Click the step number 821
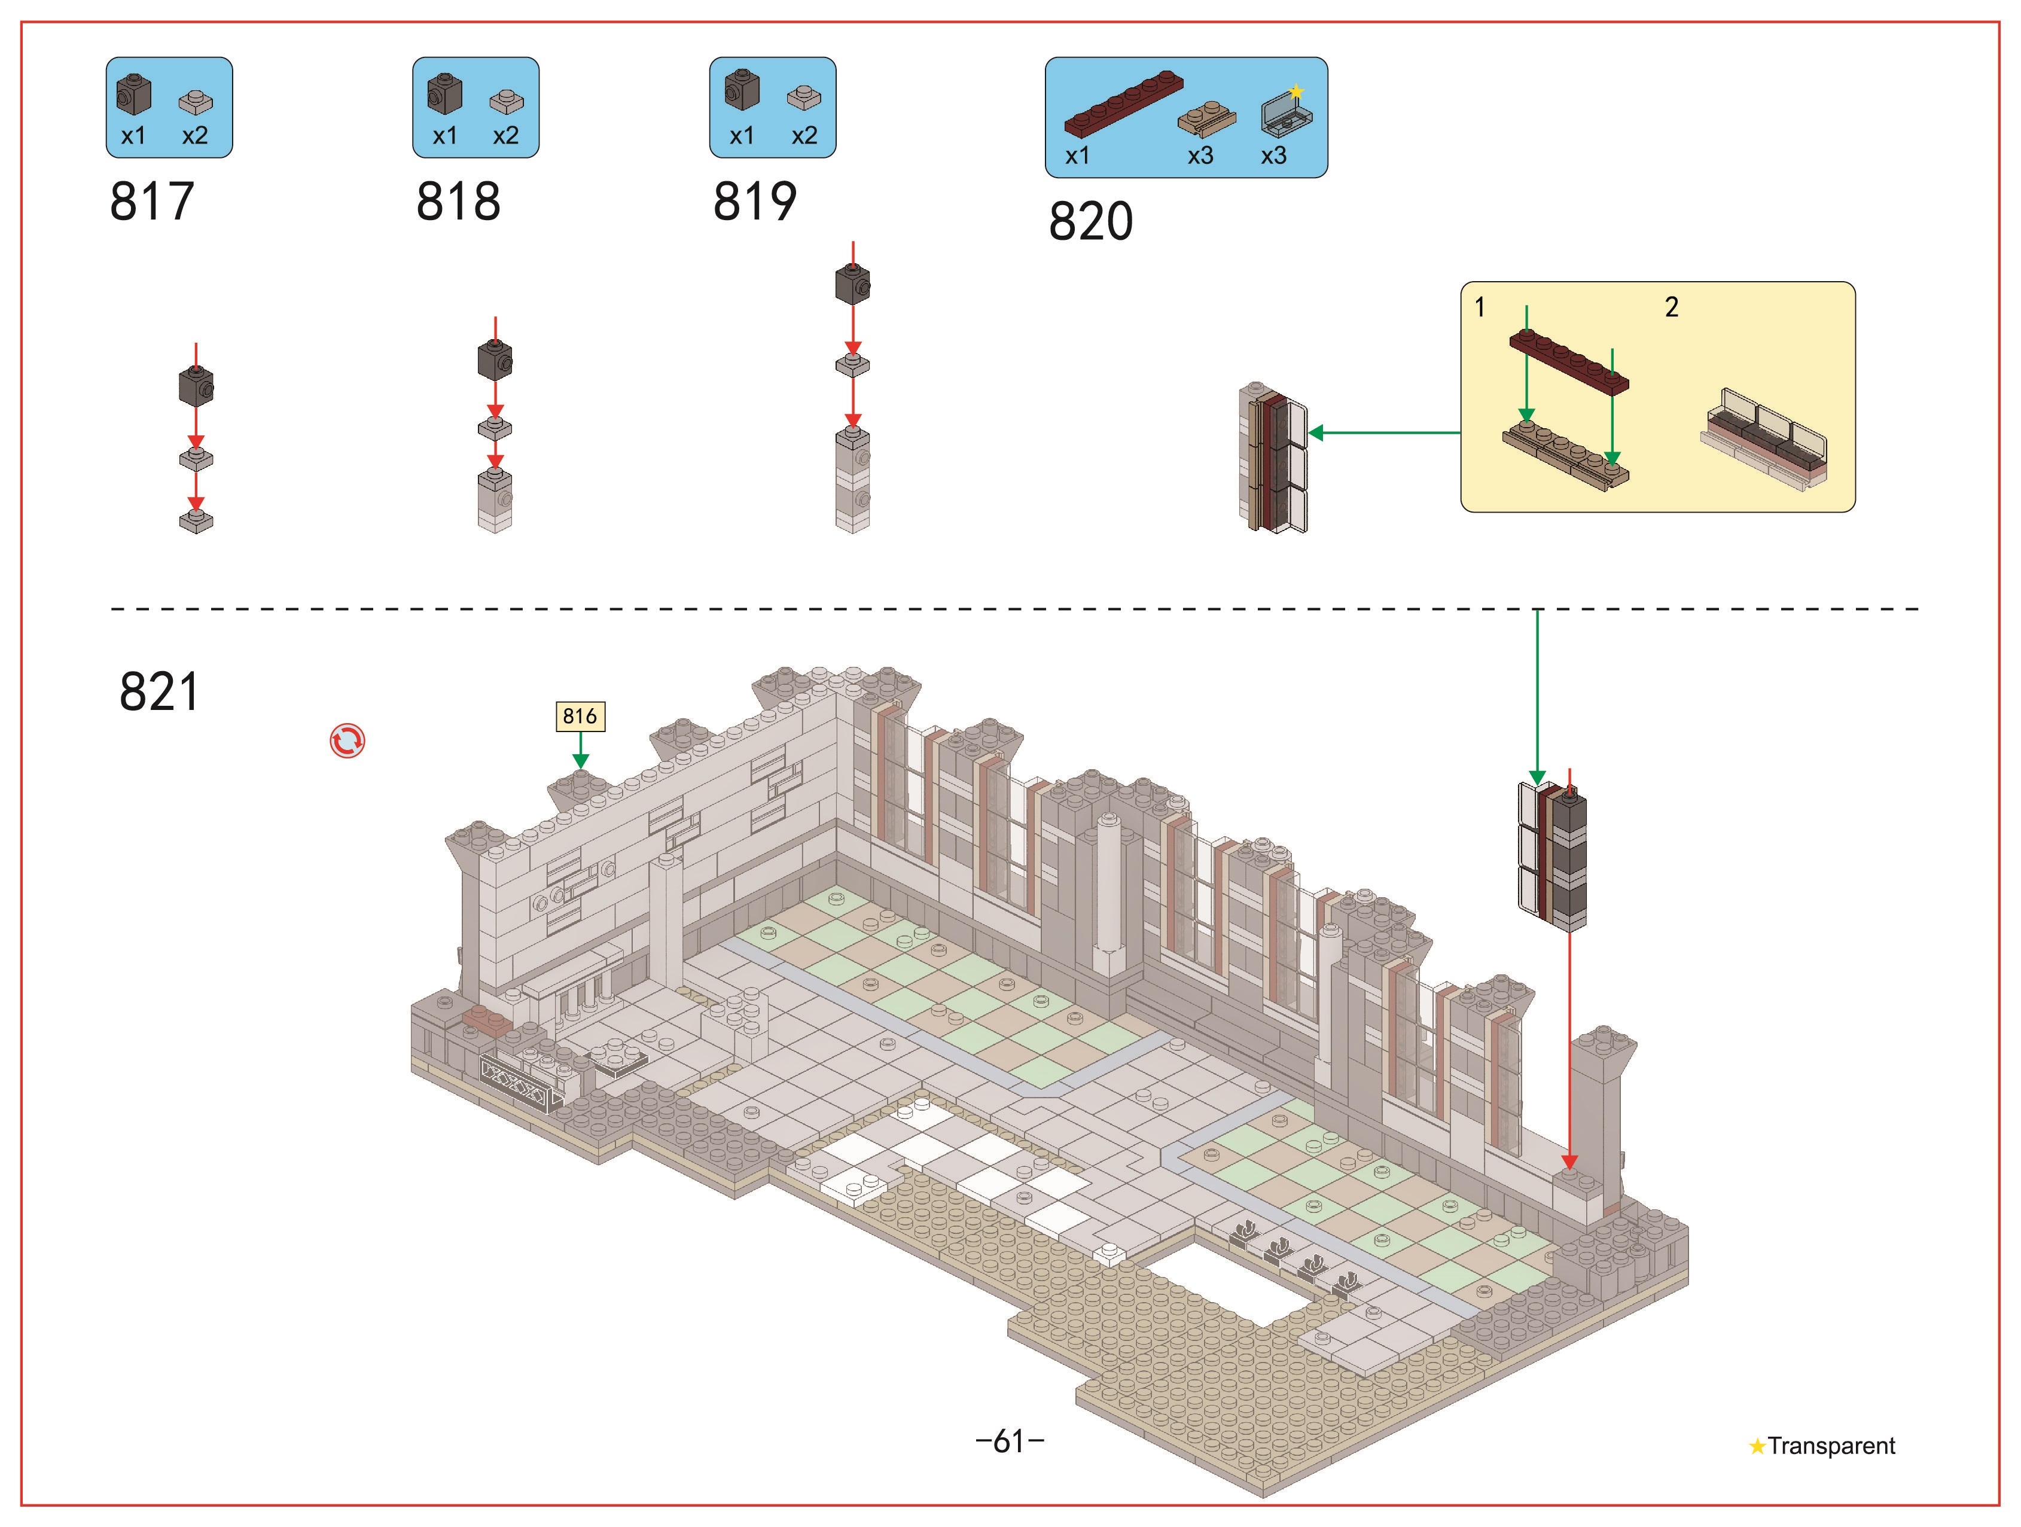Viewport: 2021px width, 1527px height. pyautogui.click(x=159, y=692)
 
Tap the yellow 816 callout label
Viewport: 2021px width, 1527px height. pyautogui.click(x=580, y=717)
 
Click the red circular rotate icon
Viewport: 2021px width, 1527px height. pyautogui.click(x=347, y=741)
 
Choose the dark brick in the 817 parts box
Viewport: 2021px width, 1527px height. pyautogui.click(x=133, y=94)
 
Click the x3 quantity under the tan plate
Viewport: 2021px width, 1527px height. pyautogui.click(x=1200, y=156)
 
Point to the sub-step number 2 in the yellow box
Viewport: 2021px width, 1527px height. pyautogui.click(x=1671, y=307)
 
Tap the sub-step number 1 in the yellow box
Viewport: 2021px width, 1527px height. pyautogui.click(x=1480, y=307)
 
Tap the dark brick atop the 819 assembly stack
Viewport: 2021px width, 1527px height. pyautogui.click(x=852, y=284)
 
